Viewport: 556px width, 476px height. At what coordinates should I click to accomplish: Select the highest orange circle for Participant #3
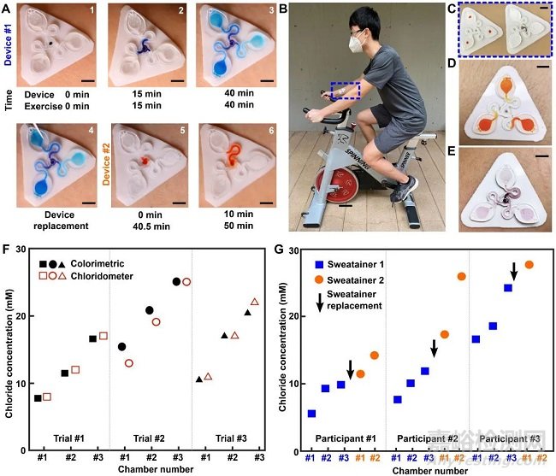[529, 264]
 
